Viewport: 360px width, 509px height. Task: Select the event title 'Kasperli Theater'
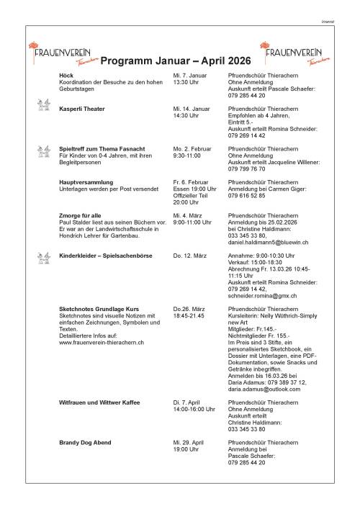click(x=82, y=109)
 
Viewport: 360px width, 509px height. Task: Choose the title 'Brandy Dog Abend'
click(x=84, y=441)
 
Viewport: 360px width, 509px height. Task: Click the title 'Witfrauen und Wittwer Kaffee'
click(x=99, y=402)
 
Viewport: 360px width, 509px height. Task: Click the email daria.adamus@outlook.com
click(x=261, y=388)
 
